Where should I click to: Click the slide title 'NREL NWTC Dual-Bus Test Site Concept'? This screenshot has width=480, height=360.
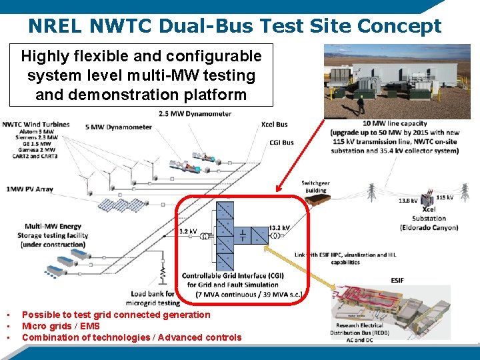point(235,26)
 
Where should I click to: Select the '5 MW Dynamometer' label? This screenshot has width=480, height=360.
point(118,127)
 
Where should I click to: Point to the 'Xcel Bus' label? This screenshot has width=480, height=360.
point(275,125)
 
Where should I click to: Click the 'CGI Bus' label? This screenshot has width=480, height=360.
point(281,142)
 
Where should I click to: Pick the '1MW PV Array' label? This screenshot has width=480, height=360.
point(29,189)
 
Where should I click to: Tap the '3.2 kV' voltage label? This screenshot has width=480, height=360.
point(188,231)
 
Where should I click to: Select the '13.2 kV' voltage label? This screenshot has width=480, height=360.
point(279,228)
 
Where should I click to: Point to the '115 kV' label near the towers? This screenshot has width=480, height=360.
point(445,197)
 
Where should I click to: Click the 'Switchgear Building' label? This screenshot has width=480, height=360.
point(316,187)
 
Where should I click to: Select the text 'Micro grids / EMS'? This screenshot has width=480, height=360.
point(61,326)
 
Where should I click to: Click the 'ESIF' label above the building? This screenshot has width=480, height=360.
point(397,281)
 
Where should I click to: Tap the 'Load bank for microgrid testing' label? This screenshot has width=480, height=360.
point(155,298)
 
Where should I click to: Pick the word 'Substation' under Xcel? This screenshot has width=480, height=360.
point(429,218)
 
